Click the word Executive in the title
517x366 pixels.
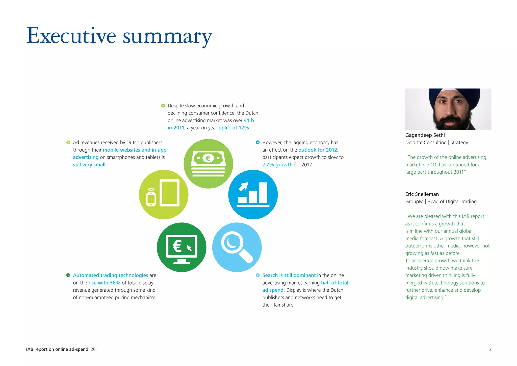[x=71, y=36]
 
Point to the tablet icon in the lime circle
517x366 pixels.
[x=170, y=193]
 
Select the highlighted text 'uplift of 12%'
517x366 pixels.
[x=234, y=128]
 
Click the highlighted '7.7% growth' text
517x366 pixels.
[x=277, y=165]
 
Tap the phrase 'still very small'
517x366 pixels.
[x=89, y=165]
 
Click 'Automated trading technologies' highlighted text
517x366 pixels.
[x=110, y=275]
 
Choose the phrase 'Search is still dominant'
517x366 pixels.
[x=289, y=275]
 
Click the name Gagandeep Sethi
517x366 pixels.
[x=425, y=135]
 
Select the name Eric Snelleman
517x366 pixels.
[x=422, y=194]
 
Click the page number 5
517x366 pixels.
[x=489, y=349]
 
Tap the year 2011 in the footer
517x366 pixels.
[x=95, y=349]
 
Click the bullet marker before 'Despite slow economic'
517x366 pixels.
[x=163, y=106]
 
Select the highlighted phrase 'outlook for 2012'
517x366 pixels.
[x=318, y=150]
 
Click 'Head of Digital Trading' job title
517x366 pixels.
[x=452, y=201]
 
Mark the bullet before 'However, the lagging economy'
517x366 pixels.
[x=257, y=142]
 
